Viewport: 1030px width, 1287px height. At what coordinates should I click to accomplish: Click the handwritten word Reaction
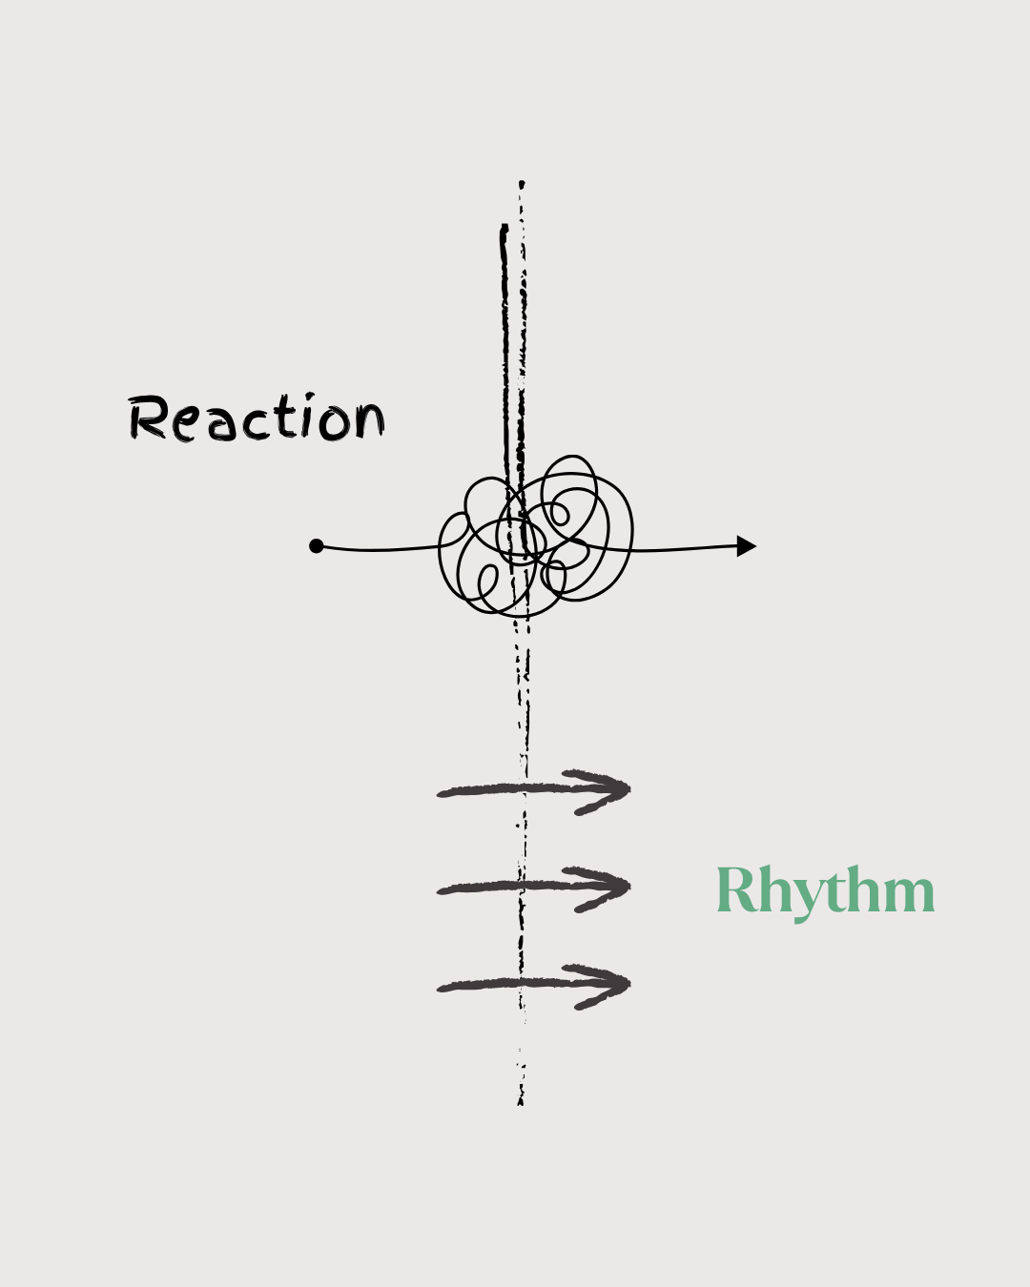pos(256,419)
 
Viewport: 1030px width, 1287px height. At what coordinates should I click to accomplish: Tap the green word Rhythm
pos(825,890)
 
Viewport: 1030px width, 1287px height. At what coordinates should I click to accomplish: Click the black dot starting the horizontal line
pos(317,546)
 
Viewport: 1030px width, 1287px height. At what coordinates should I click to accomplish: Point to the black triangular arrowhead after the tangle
pos(747,546)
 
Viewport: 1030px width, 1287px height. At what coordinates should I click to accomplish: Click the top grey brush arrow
pos(534,790)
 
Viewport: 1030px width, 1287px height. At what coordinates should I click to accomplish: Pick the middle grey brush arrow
pos(534,888)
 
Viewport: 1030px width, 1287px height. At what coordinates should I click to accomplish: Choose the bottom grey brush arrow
pos(534,985)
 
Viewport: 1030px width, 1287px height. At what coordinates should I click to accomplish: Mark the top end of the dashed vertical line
pos(522,183)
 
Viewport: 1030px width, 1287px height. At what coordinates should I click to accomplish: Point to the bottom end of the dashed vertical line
pos(521,1102)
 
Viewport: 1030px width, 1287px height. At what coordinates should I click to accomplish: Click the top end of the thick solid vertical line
pos(504,228)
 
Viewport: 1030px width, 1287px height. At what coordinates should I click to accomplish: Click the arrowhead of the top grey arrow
pos(610,790)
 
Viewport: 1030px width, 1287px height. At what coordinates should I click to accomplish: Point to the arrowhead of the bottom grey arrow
pos(610,985)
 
